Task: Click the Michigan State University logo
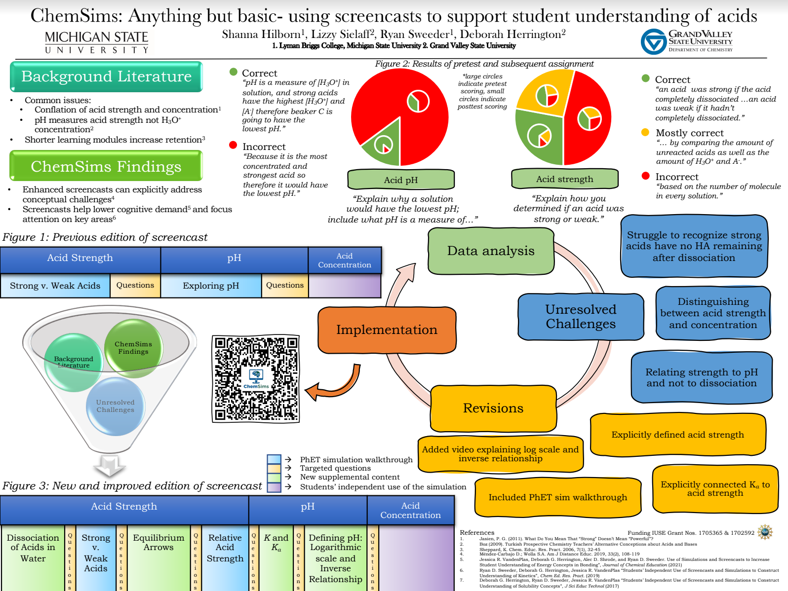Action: point(97,42)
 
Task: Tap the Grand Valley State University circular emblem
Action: point(653,41)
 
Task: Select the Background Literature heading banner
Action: point(106,76)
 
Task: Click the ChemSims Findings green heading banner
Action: point(106,166)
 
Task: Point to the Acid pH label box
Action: point(400,180)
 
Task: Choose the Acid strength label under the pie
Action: point(564,179)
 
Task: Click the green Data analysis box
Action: point(491,251)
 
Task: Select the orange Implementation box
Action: point(387,330)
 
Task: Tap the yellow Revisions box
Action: point(493,408)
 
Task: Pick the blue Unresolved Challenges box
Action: point(581,317)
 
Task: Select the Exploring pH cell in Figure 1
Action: point(211,286)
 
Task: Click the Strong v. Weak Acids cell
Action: point(55,286)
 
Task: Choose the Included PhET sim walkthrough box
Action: point(557,497)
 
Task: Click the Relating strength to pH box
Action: point(701,377)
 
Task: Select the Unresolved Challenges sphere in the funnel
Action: point(116,406)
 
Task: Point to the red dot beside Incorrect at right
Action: point(645,176)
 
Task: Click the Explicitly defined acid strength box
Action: point(677,435)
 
